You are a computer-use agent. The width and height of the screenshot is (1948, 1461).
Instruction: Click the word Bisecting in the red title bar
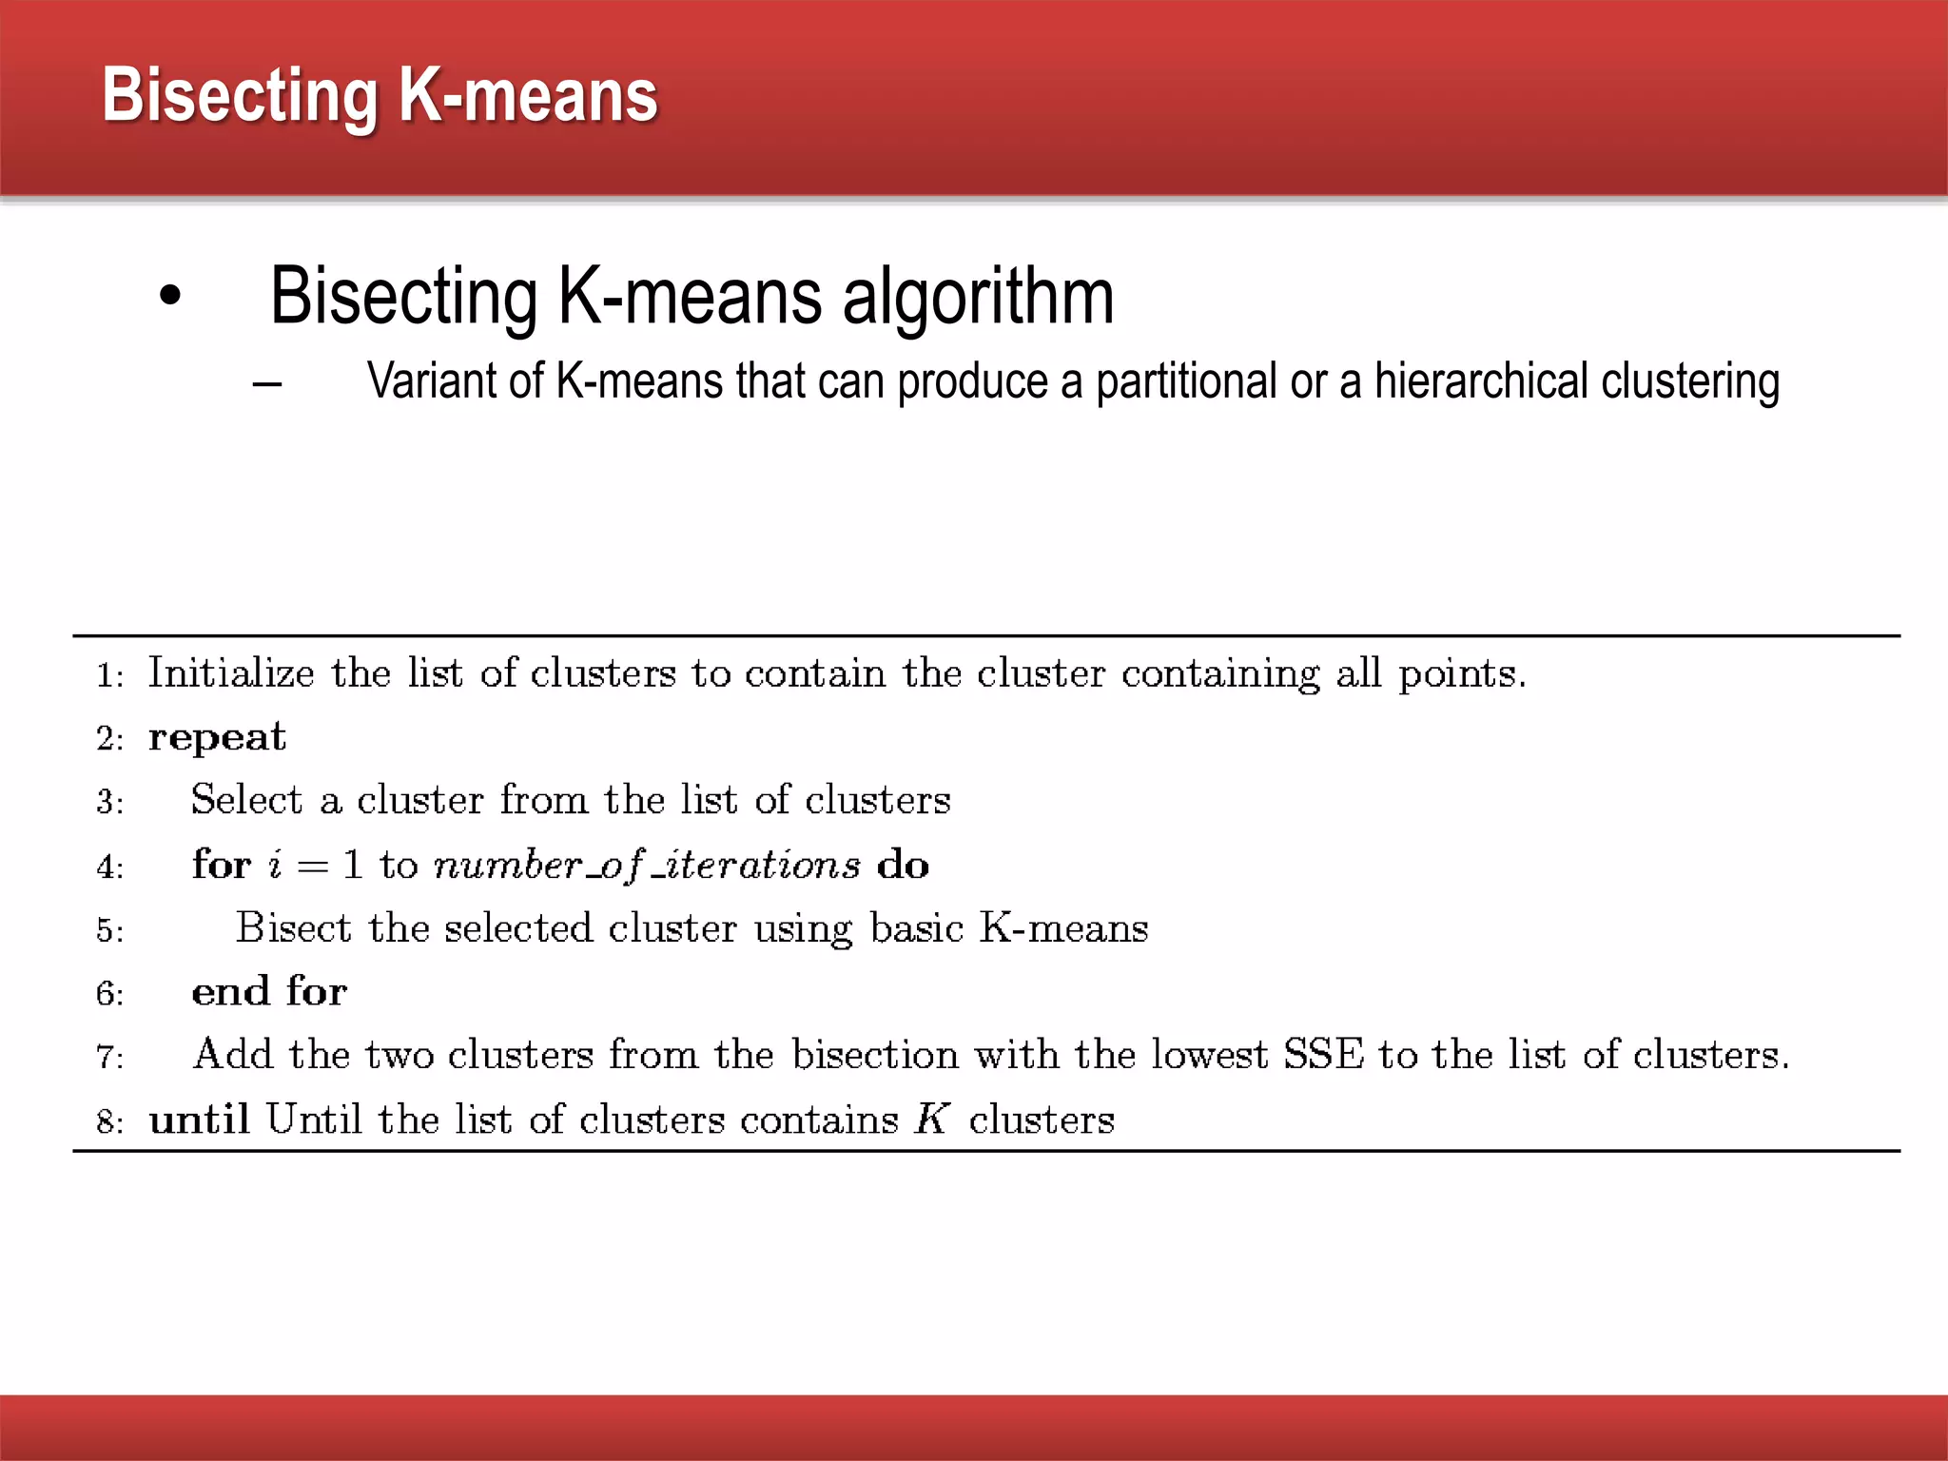click(x=240, y=97)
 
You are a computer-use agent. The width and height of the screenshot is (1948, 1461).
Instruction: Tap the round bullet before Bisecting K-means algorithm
click(x=170, y=296)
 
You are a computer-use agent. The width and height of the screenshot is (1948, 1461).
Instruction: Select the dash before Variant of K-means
click(x=267, y=384)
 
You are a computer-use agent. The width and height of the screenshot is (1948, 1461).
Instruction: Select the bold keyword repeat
click(x=217, y=738)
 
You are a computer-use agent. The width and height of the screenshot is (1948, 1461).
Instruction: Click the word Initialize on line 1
click(x=231, y=674)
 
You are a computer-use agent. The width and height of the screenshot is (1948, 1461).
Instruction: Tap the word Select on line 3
click(x=246, y=800)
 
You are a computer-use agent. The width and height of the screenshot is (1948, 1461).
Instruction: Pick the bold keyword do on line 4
click(x=903, y=866)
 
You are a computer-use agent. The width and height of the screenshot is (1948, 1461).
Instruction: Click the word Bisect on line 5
click(x=293, y=928)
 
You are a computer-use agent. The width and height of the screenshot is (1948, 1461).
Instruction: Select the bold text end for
click(x=269, y=992)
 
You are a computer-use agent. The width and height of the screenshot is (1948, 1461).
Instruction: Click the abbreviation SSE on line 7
click(x=1323, y=1055)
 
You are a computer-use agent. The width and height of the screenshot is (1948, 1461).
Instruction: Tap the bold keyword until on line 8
click(x=199, y=1120)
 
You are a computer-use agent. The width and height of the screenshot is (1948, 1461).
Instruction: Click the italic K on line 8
click(x=932, y=1120)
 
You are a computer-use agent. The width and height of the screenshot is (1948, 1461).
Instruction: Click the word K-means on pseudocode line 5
click(x=1063, y=928)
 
